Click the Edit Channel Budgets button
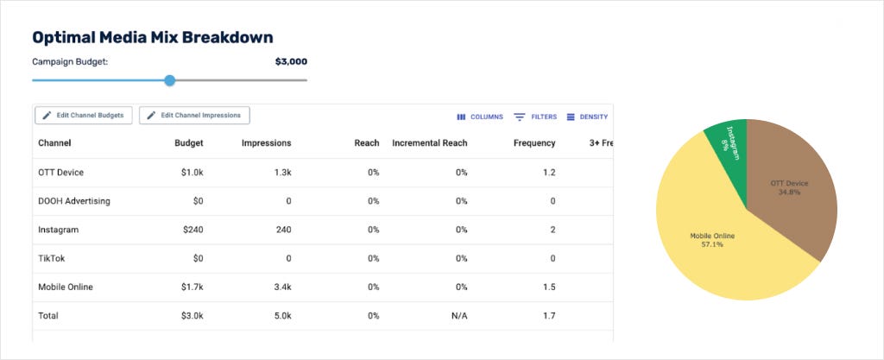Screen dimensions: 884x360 (x=84, y=115)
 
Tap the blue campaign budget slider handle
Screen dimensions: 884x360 (x=170, y=80)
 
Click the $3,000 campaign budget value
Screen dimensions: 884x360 (x=291, y=62)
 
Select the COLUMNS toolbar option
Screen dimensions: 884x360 (x=480, y=117)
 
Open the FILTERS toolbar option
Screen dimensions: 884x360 (x=535, y=117)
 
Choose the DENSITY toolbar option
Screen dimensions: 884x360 (x=587, y=117)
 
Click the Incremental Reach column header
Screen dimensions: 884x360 (x=430, y=143)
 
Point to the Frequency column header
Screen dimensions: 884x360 (x=534, y=143)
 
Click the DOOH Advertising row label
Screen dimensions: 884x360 (x=74, y=201)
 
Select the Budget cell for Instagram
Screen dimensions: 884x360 (x=193, y=230)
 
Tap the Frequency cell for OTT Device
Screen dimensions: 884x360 (x=549, y=173)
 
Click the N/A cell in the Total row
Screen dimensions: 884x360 (x=459, y=316)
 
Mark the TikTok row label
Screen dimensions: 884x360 (x=50, y=259)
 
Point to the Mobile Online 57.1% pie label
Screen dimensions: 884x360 (x=712, y=240)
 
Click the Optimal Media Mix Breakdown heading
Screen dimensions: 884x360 (x=153, y=37)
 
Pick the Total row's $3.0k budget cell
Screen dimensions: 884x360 (x=193, y=316)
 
